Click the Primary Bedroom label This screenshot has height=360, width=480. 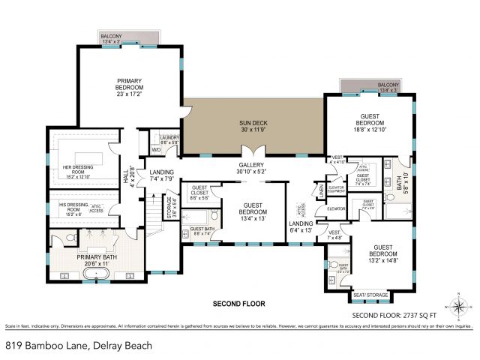pyautogui.click(x=129, y=88)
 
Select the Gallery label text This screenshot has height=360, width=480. pyautogui.click(x=250, y=169)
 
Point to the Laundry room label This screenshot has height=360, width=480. pyautogui.click(x=169, y=139)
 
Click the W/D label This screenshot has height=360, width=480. pyautogui.click(x=157, y=149)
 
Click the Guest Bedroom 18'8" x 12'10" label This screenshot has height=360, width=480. pyautogui.click(x=369, y=125)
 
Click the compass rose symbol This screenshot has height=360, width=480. pyautogui.click(x=457, y=307)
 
